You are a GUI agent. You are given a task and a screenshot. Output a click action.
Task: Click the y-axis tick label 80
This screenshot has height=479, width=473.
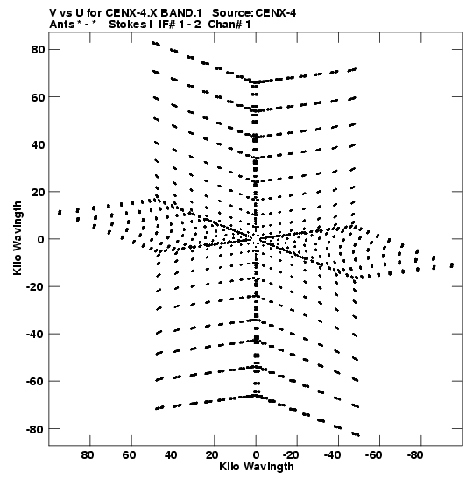(39, 49)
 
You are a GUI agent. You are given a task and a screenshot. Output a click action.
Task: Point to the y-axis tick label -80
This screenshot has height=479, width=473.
(36, 429)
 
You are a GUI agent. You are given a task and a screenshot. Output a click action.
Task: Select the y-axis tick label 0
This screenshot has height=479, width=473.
(41, 239)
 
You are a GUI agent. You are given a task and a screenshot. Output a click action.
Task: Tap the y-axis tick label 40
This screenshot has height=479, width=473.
(39, 144)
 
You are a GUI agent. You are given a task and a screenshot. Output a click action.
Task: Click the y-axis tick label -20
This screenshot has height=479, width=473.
(36, 287)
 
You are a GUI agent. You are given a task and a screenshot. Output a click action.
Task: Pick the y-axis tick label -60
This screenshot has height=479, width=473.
(36, 382)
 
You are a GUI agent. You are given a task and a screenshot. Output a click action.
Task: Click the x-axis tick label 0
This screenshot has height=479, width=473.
(256, 455)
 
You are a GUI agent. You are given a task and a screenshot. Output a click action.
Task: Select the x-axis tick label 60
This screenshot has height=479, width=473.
(129, 455)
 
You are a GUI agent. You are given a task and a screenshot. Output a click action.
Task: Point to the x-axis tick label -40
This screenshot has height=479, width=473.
(332, 455)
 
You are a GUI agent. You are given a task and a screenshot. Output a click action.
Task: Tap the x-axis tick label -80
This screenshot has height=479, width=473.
(414, 455)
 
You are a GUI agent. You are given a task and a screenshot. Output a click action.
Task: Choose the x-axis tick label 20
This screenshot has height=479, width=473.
(212, 455)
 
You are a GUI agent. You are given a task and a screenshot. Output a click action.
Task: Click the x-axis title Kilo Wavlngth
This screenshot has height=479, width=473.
(257, 467)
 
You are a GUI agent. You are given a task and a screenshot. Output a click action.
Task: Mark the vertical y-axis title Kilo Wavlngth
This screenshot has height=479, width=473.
(18, 238)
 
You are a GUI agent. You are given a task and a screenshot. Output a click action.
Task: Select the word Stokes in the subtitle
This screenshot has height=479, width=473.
(128, 25)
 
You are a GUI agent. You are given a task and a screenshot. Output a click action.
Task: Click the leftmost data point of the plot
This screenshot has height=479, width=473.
(60, 213)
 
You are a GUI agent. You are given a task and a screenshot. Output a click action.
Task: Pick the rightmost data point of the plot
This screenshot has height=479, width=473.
(452, 265)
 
